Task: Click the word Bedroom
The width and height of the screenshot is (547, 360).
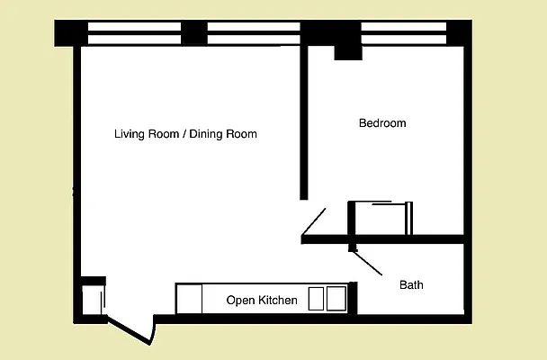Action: [382, 123]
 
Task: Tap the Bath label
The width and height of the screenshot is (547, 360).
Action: [411, 285]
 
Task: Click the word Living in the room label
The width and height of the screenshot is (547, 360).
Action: [130, 134]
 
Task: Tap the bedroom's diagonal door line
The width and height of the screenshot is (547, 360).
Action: [315, 220]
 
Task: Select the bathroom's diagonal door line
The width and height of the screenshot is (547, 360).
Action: [367, 263]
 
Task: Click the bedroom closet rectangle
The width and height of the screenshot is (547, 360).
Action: [381, 219]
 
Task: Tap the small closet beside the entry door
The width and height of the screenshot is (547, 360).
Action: [92, 300]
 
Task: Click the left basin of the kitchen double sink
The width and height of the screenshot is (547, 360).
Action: [317, 298]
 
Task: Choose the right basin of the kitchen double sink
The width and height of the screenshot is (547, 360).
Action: [336, 298]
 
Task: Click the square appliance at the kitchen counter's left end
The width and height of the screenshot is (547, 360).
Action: [189, 299]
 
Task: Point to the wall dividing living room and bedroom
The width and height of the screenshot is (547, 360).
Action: [304, 126]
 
